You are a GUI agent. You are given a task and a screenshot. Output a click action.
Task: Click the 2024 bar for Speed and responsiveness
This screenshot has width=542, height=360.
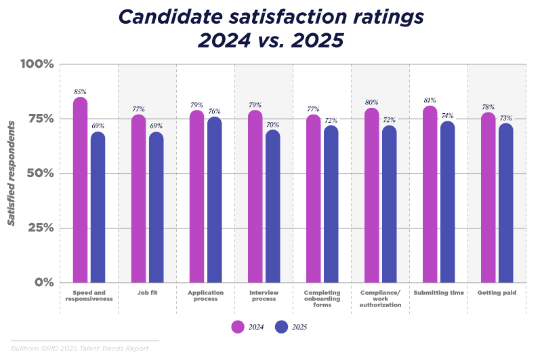pos(80,191)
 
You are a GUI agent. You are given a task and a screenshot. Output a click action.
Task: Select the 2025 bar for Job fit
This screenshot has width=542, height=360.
pos(157,207)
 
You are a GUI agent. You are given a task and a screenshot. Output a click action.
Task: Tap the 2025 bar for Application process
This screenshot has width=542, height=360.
pos(214,200)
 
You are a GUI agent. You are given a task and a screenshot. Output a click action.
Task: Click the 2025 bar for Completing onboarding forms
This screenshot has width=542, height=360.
pos(331,204)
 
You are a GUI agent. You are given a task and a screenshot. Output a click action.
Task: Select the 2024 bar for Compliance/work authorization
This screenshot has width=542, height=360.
pos(371,195)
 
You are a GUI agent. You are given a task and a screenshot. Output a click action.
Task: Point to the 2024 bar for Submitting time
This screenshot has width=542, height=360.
pos(430,195)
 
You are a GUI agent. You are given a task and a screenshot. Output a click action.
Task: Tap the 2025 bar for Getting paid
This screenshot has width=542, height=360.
pos(505,203)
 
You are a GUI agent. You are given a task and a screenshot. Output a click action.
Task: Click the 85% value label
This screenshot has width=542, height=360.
pos(80,92)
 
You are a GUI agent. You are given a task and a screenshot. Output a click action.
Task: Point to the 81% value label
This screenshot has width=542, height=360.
pos(430,100)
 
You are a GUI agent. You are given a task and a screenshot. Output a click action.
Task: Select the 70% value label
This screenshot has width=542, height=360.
pos(272,125)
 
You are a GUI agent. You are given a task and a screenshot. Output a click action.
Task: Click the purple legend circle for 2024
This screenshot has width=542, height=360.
pos(238,327)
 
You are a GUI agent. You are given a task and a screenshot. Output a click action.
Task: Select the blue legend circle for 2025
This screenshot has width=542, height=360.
pos(282,327)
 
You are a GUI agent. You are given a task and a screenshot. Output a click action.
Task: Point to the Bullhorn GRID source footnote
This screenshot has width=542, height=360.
pos(79,348)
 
